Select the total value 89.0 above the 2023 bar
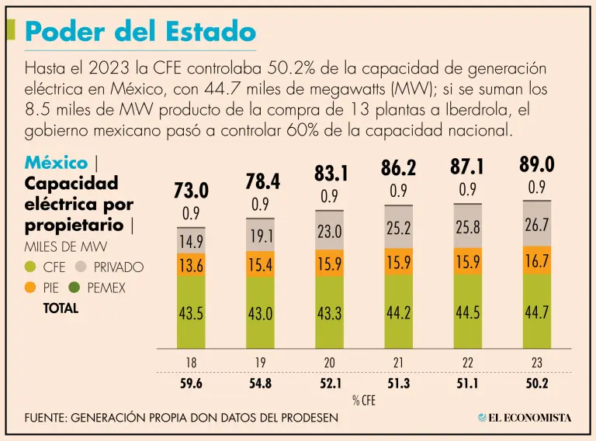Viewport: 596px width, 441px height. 536,164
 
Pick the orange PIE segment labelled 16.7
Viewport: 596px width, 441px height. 536,261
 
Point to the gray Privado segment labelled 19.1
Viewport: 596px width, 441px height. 261,236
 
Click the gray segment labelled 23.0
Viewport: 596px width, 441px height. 329,231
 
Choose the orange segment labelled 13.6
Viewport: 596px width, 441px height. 191,264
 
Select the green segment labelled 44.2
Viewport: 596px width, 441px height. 398,312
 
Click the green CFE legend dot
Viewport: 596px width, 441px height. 31,267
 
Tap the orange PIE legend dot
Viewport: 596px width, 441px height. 31,288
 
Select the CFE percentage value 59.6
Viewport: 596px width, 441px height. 191,382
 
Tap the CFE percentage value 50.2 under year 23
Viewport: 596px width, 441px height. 536,382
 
